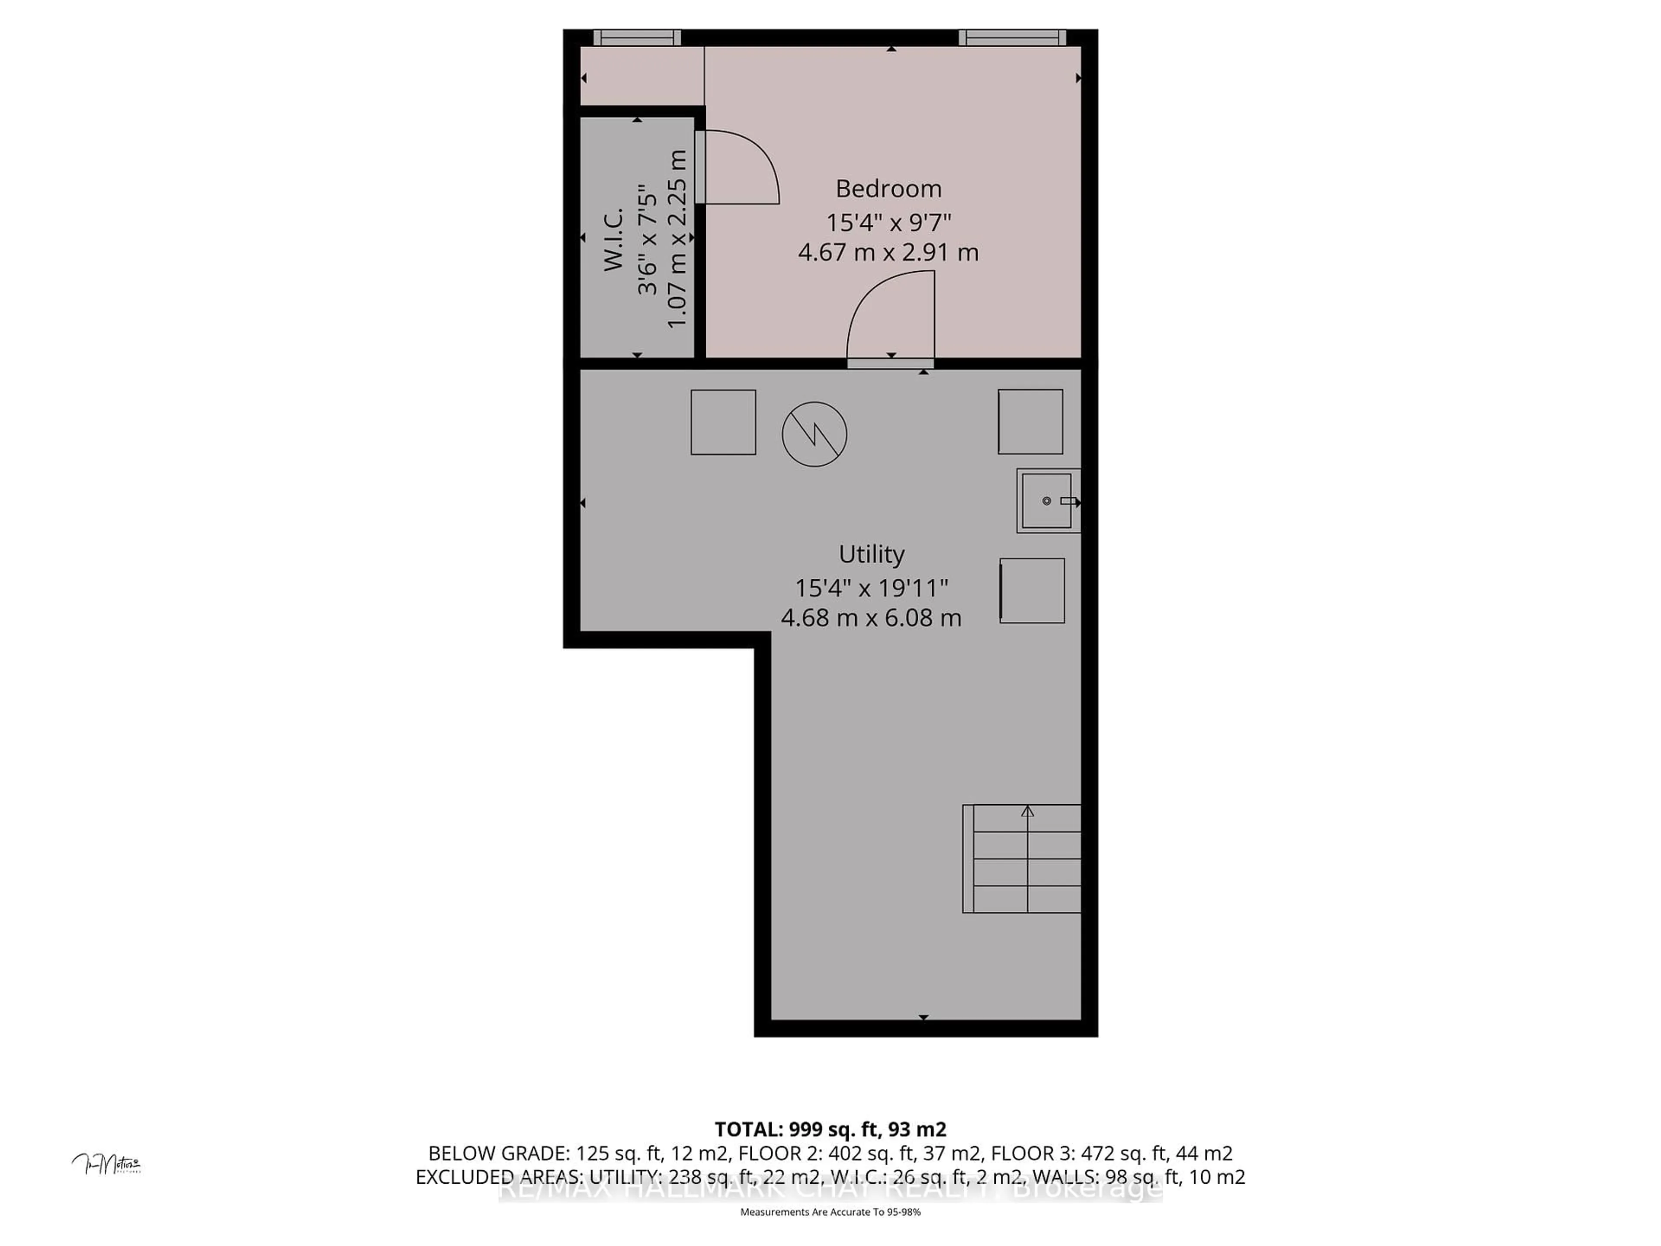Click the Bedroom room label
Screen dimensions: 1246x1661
pos(888,189)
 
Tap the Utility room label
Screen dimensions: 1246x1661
pos(871,554)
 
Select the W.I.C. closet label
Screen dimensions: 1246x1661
pos(613,239)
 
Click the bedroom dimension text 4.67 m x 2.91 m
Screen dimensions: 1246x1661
pos(888,252)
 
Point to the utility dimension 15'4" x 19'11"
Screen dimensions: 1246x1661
pos(871,588)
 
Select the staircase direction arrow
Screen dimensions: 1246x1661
pos(1027,811)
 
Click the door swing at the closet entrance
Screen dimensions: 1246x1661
pos(740,167)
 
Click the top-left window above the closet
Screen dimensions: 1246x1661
pos(637,38)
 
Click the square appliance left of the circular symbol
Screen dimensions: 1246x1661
pos(723,422)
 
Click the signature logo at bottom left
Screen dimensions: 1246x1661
pos(107,1165)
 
